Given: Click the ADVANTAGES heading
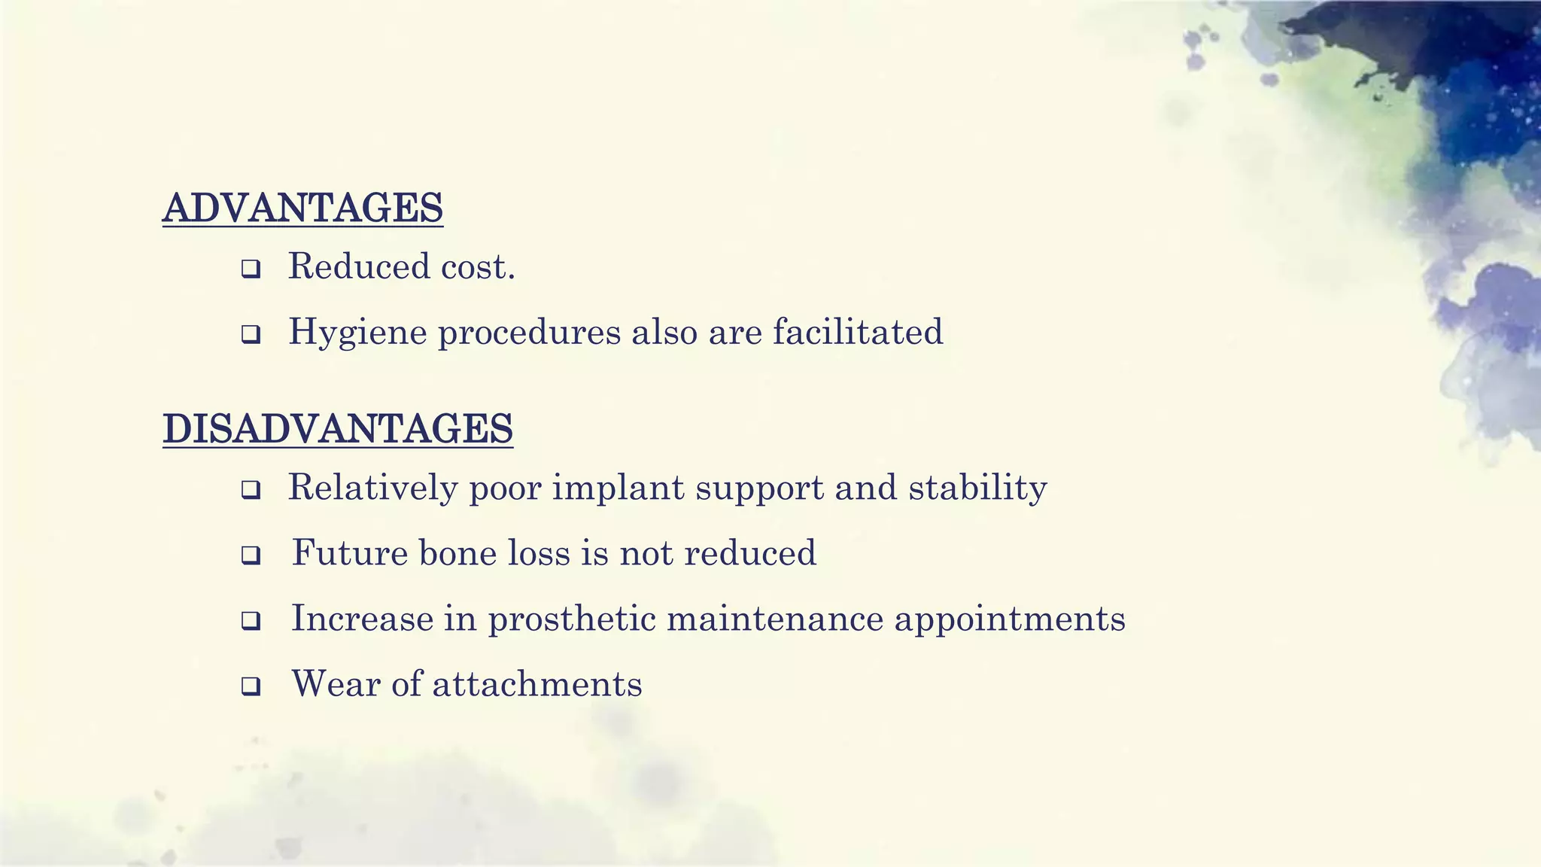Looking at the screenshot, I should click(x=302, y=208).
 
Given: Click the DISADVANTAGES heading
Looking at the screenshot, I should click(x=338, y=429).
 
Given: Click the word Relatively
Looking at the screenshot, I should click(x=373, y=488).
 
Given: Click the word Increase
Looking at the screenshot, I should click(x=362, y=619).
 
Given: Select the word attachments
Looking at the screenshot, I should click(x=537, y=685).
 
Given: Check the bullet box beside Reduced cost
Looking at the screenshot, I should click(x=251, y=269).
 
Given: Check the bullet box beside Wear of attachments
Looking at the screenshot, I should click(x=251, y=686).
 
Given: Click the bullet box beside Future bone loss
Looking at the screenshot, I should click(x=251, y=556).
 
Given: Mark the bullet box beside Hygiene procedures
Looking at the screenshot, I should click(x=251, y=334).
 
